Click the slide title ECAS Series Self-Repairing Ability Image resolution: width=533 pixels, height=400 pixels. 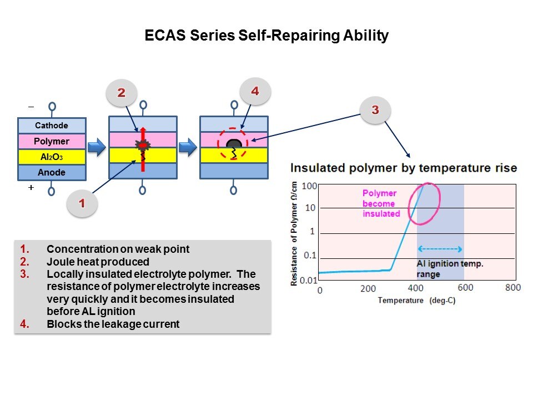[x=266, y=36]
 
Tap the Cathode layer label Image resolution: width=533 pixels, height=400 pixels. [x=52, y=126]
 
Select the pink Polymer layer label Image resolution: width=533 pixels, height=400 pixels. [x=52, y=141]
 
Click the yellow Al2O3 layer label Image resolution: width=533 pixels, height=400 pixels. [x=52, y=157]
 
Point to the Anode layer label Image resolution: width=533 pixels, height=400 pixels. [x=52, y=172]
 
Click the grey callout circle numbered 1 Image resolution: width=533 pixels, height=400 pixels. [x=82, y=203]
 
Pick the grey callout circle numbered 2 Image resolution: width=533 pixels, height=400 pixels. [x=122, y=93]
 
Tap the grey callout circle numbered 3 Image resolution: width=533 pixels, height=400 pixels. [x=375, y=109]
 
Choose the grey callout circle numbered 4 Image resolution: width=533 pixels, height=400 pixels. [x=255, y=91]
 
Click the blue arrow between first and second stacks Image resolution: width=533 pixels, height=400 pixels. [x=97, y=147]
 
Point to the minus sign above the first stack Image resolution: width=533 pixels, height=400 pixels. [x=31, y=107]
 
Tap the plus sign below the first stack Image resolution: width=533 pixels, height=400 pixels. [x=31, y=187]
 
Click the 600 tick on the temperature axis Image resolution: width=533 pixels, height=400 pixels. [x=465, y=288]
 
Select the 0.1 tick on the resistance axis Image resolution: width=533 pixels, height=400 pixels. [x=310, y=256]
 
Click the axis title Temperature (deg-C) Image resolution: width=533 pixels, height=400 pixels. [x=417, y=301]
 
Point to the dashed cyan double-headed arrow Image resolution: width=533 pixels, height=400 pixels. [x=440, y=249]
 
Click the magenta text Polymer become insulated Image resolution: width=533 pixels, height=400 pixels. [x=381, y=203]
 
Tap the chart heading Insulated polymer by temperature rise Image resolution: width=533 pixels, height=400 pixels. [x=404, y=168]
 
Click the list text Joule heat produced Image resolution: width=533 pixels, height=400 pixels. [x=98, y=262]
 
